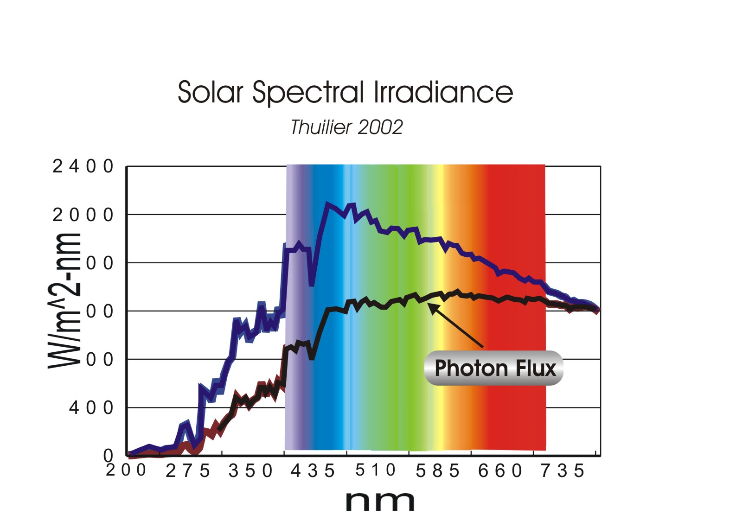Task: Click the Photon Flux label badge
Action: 494,369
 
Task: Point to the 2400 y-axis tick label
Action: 83,166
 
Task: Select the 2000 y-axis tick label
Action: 83,215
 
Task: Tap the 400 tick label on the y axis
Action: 91,408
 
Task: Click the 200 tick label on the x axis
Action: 126,470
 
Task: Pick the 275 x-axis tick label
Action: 188,471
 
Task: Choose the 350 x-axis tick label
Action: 250,471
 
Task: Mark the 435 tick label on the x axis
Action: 313,471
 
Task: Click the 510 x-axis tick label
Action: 375,470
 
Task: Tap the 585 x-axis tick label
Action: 437,471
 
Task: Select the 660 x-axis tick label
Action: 500,471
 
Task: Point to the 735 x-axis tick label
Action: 562,471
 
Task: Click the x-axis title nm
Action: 380,501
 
